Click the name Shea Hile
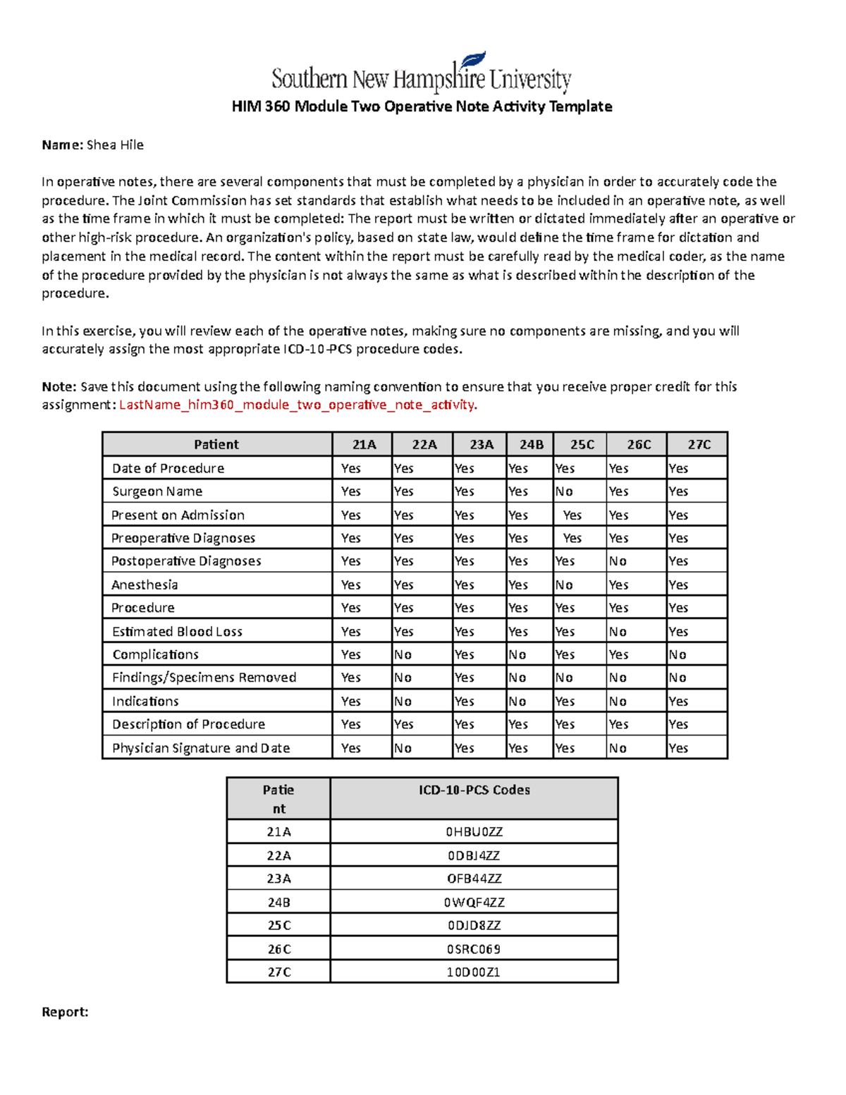tap(115, 145)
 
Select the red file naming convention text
tap(298, 405)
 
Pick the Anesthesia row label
tap(145, 585)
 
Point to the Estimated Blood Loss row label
tap(177, 632)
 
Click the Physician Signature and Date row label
tap(201, 748)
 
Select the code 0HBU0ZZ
tap(474, 832)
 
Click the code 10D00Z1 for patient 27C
tap(474, 972)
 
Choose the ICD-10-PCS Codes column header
tap(474, 790)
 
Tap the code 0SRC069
tap(474, 949)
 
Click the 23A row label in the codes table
tap(278, 879)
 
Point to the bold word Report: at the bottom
tap(65, 1013)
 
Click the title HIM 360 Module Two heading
tap(422, 106)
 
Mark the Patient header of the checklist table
tap(216, 444)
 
